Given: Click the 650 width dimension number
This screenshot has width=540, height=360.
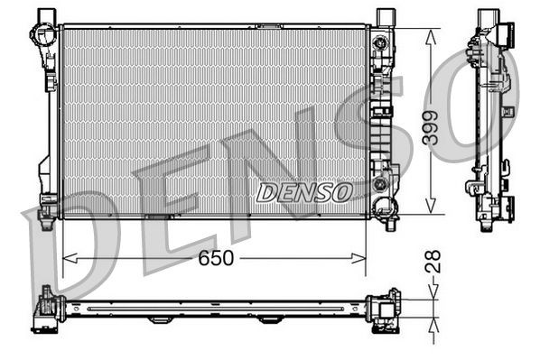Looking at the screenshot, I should tap(216, 259).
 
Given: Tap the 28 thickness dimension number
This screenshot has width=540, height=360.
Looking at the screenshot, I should tap(433, 262).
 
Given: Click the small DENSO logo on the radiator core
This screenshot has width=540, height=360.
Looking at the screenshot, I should tap(304, 191).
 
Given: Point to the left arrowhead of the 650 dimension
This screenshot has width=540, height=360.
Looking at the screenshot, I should tap(65, 259).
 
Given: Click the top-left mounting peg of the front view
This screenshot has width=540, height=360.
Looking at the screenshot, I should tap(46, 17).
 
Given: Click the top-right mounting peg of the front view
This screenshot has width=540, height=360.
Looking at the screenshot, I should tap(385, 17).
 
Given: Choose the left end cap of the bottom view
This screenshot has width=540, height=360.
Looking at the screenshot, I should tap(45, 310).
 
